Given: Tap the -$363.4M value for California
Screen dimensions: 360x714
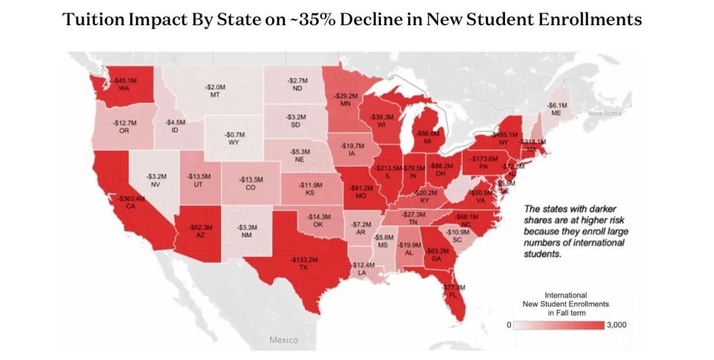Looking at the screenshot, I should (x=131, y=199).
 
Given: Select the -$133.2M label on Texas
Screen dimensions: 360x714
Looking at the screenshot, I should (x=303, y=260).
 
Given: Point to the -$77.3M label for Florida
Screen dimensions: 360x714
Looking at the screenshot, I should (x=452, y=287).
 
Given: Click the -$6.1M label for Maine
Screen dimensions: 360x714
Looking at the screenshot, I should (x=557, y=106).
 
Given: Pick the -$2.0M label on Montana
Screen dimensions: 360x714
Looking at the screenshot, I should (x=215, y=87).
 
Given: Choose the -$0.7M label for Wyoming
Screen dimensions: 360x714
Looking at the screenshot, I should (x=235, y=135).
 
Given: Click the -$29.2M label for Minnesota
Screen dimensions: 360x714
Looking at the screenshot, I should (x=345, y=96).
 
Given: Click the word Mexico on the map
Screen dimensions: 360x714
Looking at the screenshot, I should (x=283, y=340).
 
